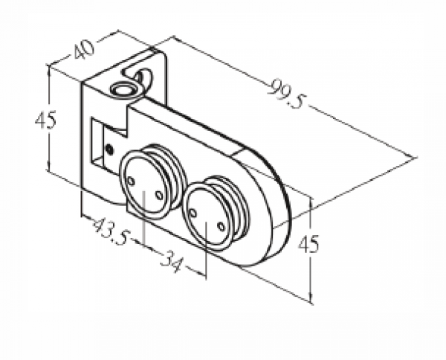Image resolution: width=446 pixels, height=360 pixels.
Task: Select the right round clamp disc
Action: [x=208, y=216]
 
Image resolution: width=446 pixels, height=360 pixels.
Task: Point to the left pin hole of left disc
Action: [x=132, y=181]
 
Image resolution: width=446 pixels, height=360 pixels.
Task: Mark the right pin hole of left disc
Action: [x=158, y=195]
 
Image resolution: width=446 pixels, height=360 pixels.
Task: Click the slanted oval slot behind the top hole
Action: [x=144, y=75]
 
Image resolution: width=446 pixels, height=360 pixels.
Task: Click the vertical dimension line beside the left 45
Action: [x=48, y=119]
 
